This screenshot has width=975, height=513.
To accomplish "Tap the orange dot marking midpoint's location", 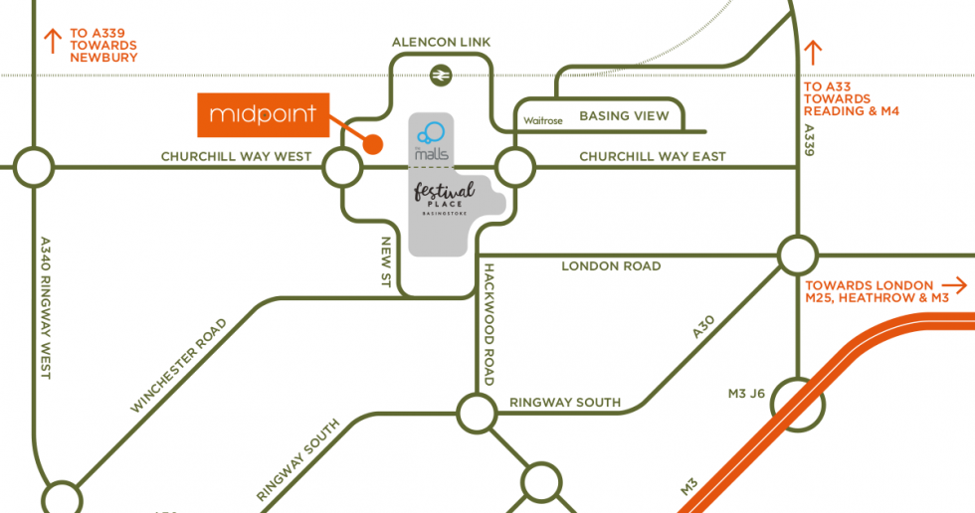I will pyautogui.click(x=373, y=145).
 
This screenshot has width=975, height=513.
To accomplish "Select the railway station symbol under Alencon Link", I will pyautogui.click(x=439, y=76).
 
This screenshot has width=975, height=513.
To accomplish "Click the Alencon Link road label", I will pyautogui.click(x=441, y=42).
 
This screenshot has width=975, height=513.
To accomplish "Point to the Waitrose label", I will pyautogui.click(x=543, y=120).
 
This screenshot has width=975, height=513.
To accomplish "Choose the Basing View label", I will pyautogui.click(x=624, y=115).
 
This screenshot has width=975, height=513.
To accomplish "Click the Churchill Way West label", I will pyautogui.click(x=237, y=157).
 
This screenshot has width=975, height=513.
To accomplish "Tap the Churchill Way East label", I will pyautogui.click(x=652, y=156).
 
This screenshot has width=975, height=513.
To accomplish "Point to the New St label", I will pyautogui.click(x=386, y=262).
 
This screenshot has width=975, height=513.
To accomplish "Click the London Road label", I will pyautogui.click(x=611, y=266).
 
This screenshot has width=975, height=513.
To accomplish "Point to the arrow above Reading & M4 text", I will pyautogui.click(x=814, y=52).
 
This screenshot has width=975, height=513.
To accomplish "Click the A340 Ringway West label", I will pyautogui.click(x=46, y=308).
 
